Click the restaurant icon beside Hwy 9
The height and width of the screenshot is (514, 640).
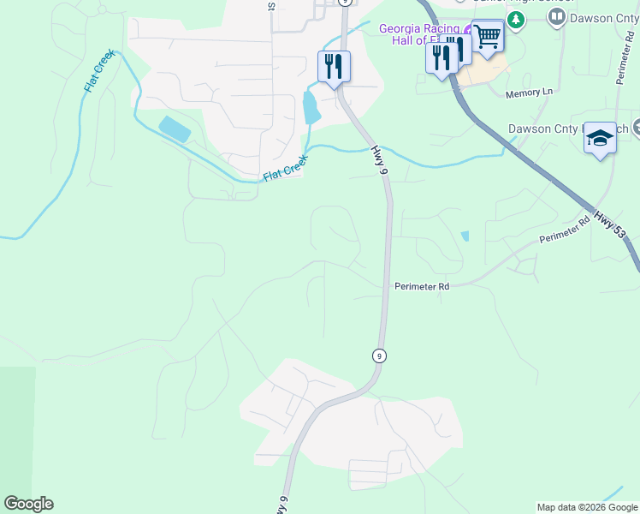point(334,66)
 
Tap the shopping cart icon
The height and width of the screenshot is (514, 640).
point(487,37)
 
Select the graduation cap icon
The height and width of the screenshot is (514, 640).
point(600,139)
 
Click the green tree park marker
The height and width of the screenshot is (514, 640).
point(515,19)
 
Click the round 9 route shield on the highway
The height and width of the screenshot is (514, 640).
point(379,355)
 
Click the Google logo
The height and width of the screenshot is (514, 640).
point(28,504)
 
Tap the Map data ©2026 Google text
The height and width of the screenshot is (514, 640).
point(587,507)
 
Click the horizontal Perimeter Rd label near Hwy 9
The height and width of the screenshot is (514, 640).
point(422,287)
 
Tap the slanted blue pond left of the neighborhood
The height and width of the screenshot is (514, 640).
point(175,129)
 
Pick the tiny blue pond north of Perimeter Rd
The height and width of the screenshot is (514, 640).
point(465,236)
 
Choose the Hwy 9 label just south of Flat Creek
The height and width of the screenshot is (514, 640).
point(378,160)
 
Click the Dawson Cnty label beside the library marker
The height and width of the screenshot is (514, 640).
point(601,18)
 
